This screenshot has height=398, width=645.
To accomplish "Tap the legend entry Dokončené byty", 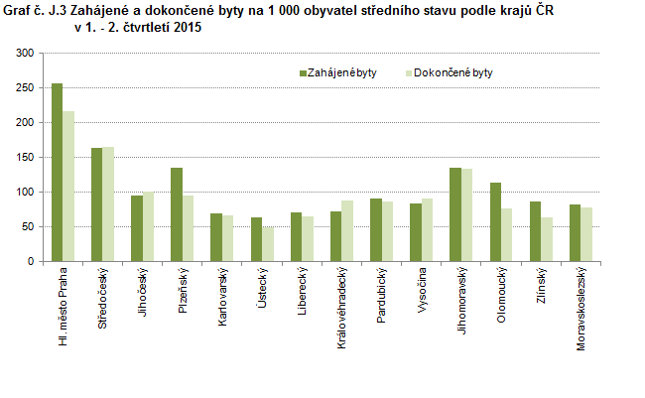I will (x=451, y=72).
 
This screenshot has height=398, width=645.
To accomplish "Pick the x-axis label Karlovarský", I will (x=222, y=296).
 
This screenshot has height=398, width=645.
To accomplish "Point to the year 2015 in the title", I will (x=187, y=27).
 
